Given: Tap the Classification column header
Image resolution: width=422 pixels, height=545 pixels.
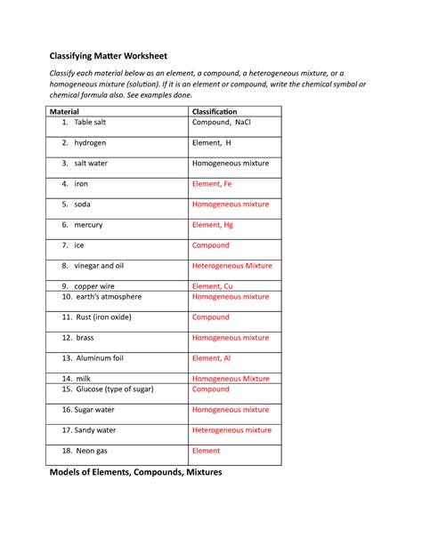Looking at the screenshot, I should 222,111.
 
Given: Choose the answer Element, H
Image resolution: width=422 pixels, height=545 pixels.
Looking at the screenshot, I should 212,143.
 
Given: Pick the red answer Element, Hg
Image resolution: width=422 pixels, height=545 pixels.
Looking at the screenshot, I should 215,225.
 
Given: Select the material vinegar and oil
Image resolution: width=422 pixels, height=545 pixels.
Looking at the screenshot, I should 98,266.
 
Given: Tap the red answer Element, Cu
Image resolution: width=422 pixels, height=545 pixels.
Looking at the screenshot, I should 214,286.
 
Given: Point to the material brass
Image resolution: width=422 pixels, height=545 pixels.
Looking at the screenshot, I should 85,338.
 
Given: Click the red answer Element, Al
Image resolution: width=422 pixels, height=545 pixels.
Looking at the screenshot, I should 213,358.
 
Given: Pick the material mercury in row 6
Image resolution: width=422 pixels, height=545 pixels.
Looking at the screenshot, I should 88,225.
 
